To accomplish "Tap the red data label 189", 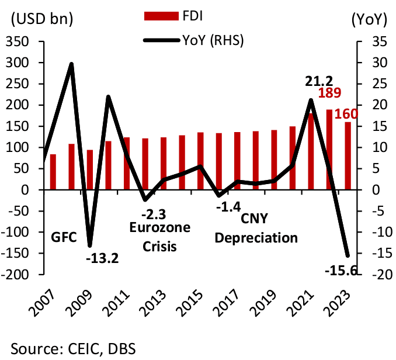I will [329, 94].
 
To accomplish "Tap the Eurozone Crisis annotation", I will [160, 236].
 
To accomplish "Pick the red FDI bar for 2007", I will [53, 172].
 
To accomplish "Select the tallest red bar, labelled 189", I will [329, 150].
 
